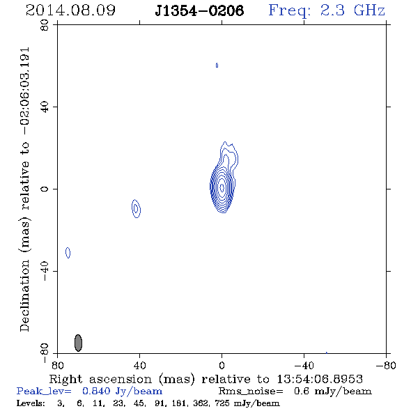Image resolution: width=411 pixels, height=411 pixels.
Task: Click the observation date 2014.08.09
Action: (70, 10)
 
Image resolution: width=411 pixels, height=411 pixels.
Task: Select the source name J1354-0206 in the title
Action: (199, 10)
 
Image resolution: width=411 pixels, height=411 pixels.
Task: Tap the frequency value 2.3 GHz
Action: (352, 10)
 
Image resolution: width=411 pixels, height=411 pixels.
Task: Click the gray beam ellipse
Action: (78, 343)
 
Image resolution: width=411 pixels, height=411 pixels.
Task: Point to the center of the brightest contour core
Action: (222, 187)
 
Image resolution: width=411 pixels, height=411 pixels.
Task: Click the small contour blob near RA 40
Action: (136, 209)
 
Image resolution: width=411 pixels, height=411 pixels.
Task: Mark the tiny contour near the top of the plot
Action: (217, 65)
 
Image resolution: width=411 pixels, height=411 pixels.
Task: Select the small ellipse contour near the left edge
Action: (68, 253)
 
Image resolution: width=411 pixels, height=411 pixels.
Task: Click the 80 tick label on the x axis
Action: (57, 365)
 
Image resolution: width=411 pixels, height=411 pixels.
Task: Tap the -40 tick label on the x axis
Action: (304, 365)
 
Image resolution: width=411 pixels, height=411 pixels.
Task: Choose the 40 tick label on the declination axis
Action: (45, 107)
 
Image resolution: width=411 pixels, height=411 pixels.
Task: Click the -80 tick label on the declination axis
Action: (45, 353)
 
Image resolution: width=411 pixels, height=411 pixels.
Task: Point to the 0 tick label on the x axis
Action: (222, 365)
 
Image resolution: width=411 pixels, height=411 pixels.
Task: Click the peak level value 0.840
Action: (96, 391)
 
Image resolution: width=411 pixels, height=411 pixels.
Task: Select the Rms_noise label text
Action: (251, 391)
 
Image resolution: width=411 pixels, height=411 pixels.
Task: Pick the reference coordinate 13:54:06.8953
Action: (320, 379)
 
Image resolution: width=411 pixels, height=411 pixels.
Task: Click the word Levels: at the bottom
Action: (31, 403)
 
